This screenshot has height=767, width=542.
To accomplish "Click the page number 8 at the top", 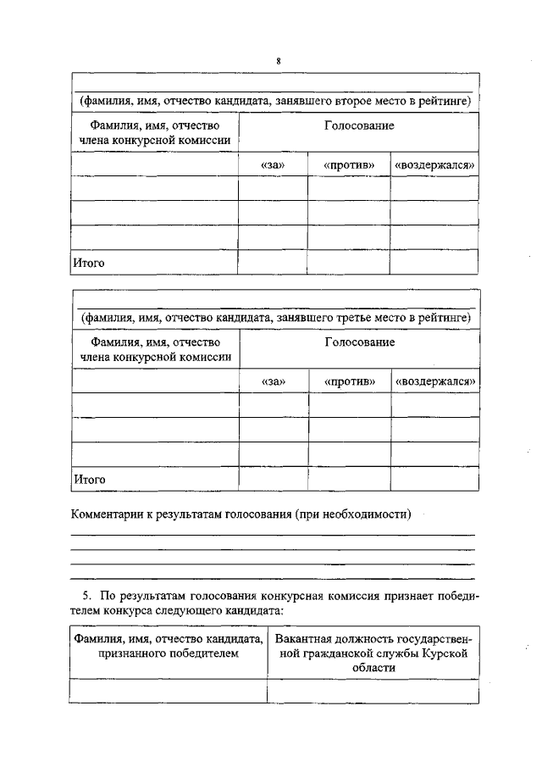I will pyautogui.click(x=277, y=61).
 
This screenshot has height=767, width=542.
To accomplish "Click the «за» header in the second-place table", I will pyautogui.click(x=272, y=164).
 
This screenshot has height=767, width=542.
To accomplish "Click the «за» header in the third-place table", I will pyautogui.click(x=273, y=381).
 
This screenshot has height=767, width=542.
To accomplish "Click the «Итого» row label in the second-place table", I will pyautogui.click(x=88, y=263).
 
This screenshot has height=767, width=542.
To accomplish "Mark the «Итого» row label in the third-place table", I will pyautogui.click(x=88, y=479).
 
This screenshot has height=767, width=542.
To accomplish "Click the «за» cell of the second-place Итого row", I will pyautogui.click(x=272, y=263).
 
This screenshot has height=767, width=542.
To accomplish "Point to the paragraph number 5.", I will pyautogui.click(x=75, y=595).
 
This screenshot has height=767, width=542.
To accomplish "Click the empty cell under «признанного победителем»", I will pyautogui.click(x=168, y=691).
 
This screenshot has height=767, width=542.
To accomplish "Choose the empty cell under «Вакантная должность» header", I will pyautogui.click(x=373, y=691).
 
